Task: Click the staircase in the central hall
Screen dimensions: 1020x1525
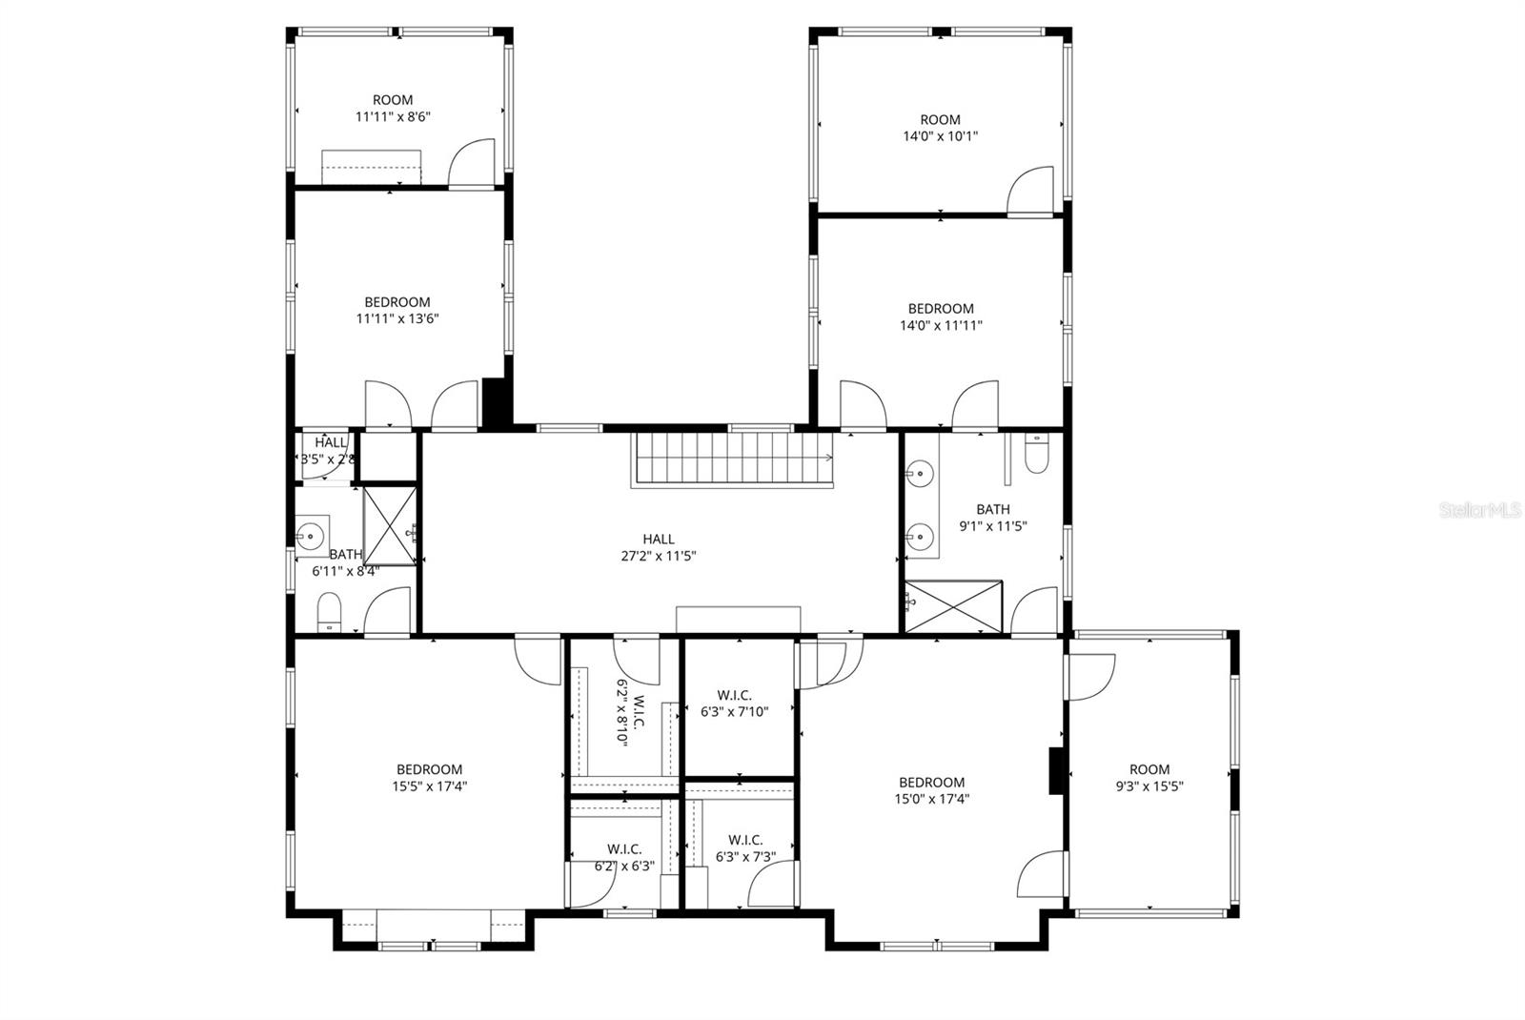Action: [x=729, y=459]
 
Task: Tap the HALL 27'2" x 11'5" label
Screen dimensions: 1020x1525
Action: [x=659, y=547]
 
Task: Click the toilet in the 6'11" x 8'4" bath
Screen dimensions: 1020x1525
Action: [x=329, y=611]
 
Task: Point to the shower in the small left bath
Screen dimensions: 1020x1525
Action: [x=390, y=525]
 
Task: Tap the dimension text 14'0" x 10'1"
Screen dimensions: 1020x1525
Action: [x=940, y=135]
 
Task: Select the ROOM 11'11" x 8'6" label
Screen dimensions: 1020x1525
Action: [x=393, y=108]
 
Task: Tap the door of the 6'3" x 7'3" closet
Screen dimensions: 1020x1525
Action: [x=774, y=885]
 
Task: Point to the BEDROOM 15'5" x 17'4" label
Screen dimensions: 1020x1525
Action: [x=429, y=778]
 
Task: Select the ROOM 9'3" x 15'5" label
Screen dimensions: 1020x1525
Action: [x=1149, y=778]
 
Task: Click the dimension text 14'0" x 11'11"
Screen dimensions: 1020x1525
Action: [x=941, y=325]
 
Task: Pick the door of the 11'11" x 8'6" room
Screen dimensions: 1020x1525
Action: [x=474, y=163]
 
